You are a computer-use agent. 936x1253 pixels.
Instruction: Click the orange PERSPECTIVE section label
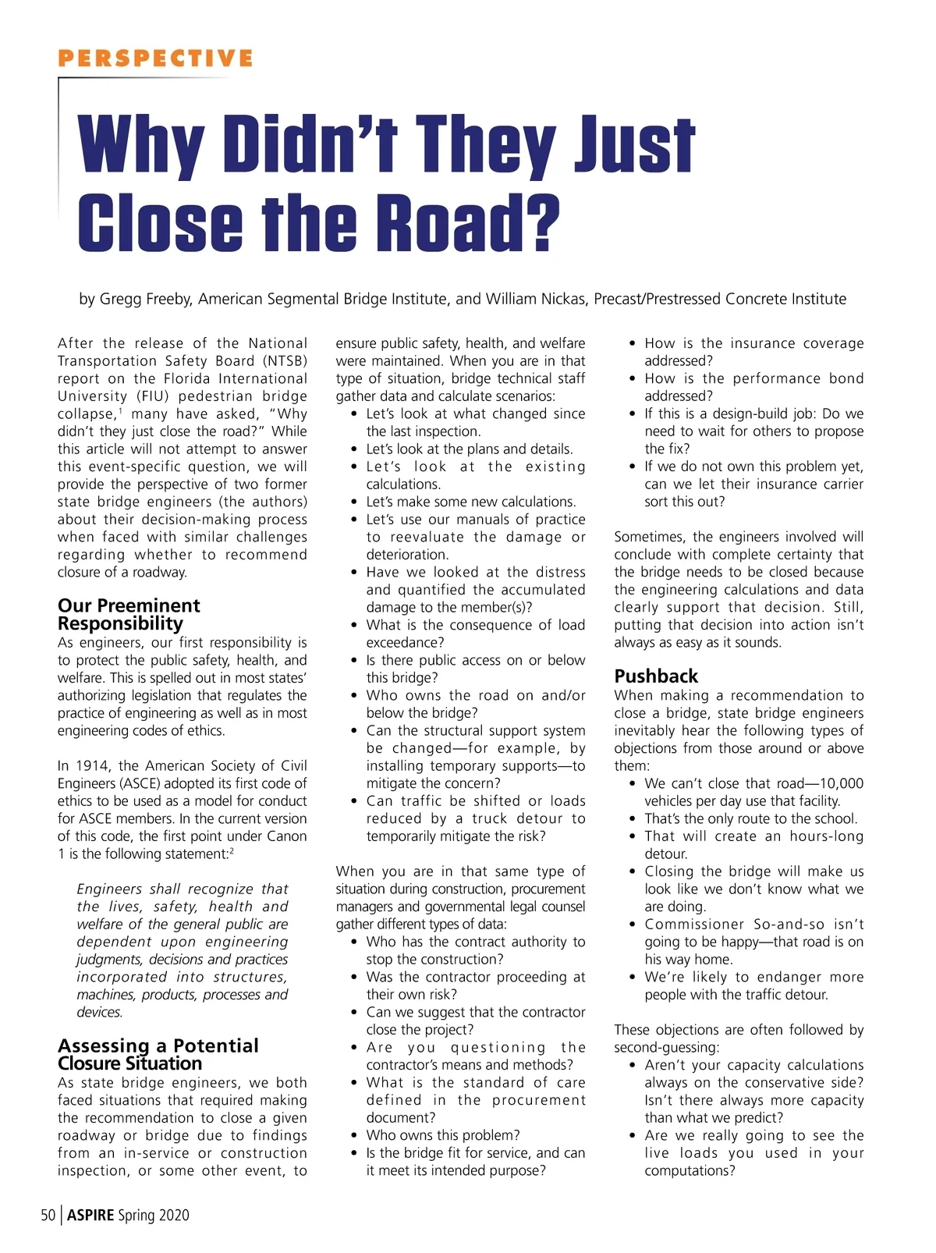155,59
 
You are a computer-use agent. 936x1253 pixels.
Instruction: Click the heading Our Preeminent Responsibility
129,614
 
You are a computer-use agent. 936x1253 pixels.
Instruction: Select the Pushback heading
656,676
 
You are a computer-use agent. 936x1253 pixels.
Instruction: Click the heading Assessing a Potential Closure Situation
158,1054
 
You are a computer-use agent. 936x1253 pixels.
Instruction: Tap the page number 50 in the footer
48,1215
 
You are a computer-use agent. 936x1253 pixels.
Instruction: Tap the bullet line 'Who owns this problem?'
443,1135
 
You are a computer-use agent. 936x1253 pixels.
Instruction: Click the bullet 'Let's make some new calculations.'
471,502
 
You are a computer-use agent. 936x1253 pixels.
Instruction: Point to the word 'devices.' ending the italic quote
100,1012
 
